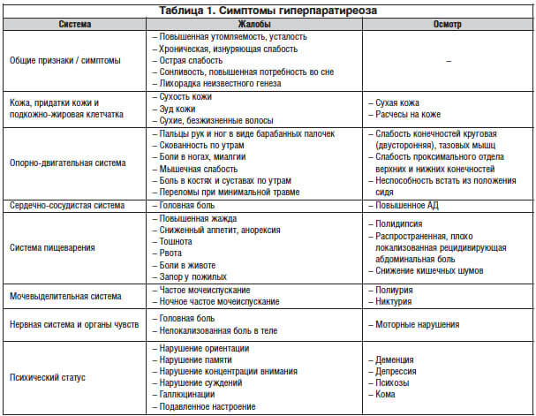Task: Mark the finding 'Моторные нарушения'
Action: pos(415,325)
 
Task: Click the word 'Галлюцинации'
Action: pos(186,394)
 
